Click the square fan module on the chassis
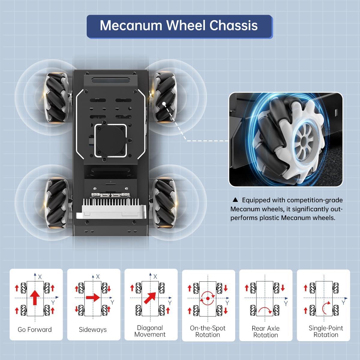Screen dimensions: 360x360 pos(111,141)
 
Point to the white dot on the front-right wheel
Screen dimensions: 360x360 pos(164,104)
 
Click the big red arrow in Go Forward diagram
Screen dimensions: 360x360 pos(35,297)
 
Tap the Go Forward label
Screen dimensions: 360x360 pos(35,329)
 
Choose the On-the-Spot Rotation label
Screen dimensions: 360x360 pos(208,331)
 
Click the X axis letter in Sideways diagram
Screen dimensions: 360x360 pos(98,277)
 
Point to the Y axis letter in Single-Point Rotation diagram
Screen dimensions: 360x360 pos(343,303)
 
